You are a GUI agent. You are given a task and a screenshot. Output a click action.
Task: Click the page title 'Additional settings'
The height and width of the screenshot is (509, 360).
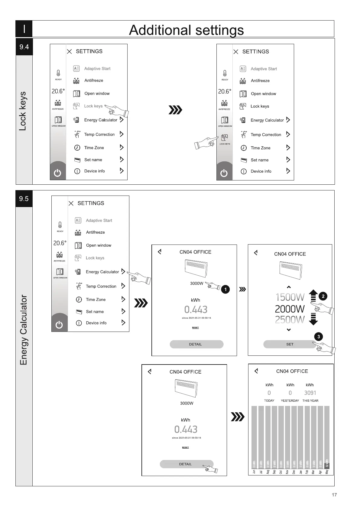[x=186, y=30]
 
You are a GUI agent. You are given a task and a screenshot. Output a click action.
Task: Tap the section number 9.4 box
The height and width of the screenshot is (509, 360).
[x=24, y=47]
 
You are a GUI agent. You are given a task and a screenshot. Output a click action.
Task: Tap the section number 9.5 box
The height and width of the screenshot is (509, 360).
[x=24, y=199]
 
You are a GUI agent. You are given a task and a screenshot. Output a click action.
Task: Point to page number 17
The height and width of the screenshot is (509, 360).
[x=334, y=495]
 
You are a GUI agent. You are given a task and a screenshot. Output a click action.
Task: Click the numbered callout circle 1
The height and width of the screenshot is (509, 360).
[x=225, y=289]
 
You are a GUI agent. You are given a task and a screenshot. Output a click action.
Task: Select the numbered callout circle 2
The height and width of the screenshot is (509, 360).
[x=323, y=296]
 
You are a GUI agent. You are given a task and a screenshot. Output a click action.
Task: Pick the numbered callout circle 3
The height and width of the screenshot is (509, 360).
[x=318, y=336]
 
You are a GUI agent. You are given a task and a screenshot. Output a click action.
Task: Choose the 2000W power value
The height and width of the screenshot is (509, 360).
[x=290, y=309]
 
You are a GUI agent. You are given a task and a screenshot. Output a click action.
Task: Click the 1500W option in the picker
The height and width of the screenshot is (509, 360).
[x=290, y=297]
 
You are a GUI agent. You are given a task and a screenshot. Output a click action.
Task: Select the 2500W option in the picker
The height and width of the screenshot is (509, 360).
[x=290, y=320]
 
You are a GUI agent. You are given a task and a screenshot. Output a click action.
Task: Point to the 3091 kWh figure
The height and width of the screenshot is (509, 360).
[x=310, y=393]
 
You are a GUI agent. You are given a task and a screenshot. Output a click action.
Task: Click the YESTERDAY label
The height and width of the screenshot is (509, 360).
[x=290, y=401]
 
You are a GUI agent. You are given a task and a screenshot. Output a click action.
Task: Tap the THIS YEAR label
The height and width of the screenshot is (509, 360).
[x=310, y=401]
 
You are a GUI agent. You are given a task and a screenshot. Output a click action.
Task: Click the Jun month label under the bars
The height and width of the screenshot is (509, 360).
[x=254, y=472]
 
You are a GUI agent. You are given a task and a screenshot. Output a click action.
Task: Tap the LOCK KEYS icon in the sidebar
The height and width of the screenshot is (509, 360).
[x=224, y=139]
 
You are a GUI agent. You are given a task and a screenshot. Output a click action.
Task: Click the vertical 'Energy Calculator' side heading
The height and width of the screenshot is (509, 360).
[x=24, y=330]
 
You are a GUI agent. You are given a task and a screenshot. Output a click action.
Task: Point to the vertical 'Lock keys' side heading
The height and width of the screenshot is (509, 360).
[x=23, y=111]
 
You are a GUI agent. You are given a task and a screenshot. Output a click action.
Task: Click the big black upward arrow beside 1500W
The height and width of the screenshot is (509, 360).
[x=313, y=295]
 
